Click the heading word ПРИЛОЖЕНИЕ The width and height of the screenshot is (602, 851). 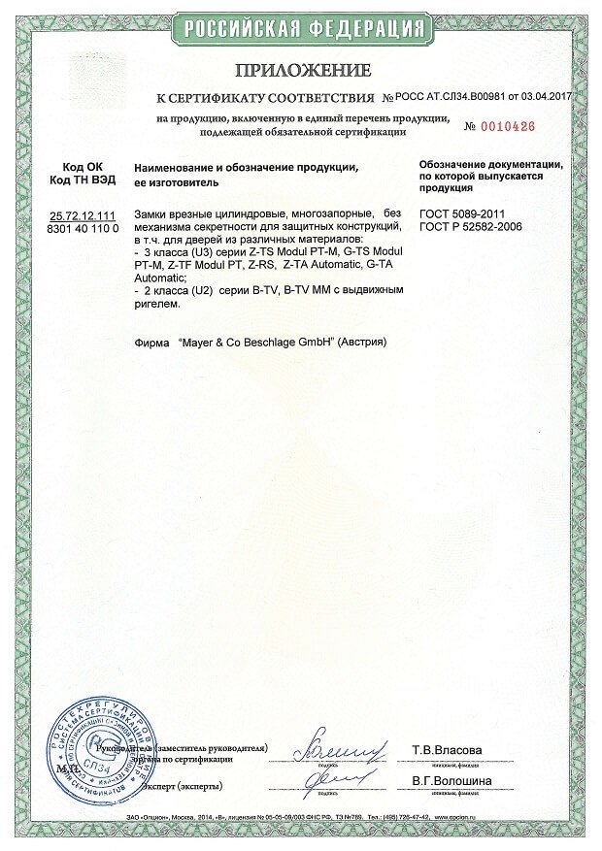[302, 71]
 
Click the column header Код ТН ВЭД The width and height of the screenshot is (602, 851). [82, 181]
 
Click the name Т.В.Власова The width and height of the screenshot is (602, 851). [447, 750]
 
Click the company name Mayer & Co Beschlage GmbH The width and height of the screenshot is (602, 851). [251, 344]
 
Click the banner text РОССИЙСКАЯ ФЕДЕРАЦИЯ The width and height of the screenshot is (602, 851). [301, 24]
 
